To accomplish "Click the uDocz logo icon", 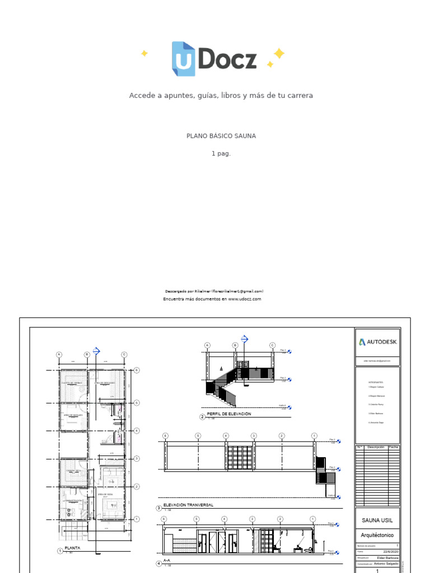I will pyautogui.click(x=183, y=59).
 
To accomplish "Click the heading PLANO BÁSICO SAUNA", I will pyautogui.click(x=221, y=136).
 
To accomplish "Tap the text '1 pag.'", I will pyautogui.click(x=221, y=153).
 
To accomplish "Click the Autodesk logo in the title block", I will pyautogui.click(x=378, y=342).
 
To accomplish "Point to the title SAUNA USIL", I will pyautogui.click(x=377, y=520).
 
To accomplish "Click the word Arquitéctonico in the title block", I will pyautogui.click(x=377, y=535).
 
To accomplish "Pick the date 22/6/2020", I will pyautogui.click(x=391, y=551).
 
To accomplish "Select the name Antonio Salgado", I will pyautogui.click(x=386, y=564).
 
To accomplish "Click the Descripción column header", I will pyautogui.click(x=376, y=447).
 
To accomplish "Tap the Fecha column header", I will pyautogui.click(x=394, y=447).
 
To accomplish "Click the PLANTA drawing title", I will pyautogui.click(x=73, y=548).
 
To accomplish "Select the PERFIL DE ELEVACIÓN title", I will pyautogui.click(x=229, y=414).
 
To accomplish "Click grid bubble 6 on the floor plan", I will pyautogui.click(x=136, y=370).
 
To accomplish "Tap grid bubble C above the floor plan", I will pyautogui.click(x=124, y=354).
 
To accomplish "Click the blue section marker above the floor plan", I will pyautogui.click(x=96, y=351).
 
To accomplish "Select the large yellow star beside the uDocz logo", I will pyautogui.click(x=278, y=53).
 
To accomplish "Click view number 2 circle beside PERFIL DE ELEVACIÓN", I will pyautogui.click(x=203, y=417).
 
